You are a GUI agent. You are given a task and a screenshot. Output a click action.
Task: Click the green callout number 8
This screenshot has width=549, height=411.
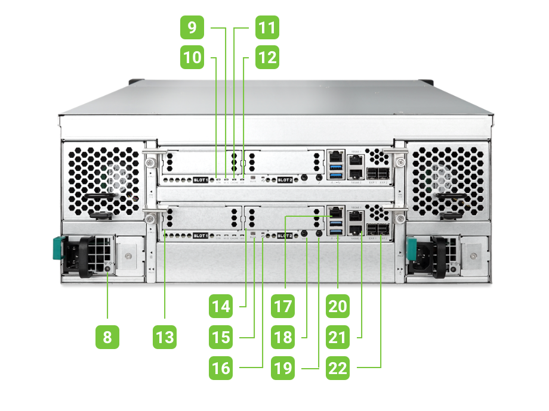107,338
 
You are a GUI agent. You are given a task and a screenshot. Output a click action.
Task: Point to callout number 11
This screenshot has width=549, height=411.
267,27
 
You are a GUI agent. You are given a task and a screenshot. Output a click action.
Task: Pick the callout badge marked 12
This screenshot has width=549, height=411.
267,58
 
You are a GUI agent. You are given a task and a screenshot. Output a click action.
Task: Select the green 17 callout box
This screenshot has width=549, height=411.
283,307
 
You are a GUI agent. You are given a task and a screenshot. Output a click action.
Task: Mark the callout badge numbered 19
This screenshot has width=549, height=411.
283,368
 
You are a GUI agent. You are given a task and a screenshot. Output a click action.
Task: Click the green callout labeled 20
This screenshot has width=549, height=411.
338,307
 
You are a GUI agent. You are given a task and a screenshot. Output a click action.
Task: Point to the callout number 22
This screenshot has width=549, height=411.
338,368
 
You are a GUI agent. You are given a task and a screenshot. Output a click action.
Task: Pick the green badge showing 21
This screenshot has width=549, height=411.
338,338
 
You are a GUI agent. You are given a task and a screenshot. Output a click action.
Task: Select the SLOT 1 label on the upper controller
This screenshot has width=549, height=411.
201,179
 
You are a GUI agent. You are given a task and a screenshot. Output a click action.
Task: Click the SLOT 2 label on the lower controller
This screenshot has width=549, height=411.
285,236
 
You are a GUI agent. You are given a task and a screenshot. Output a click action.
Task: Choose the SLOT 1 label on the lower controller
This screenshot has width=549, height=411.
201,236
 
